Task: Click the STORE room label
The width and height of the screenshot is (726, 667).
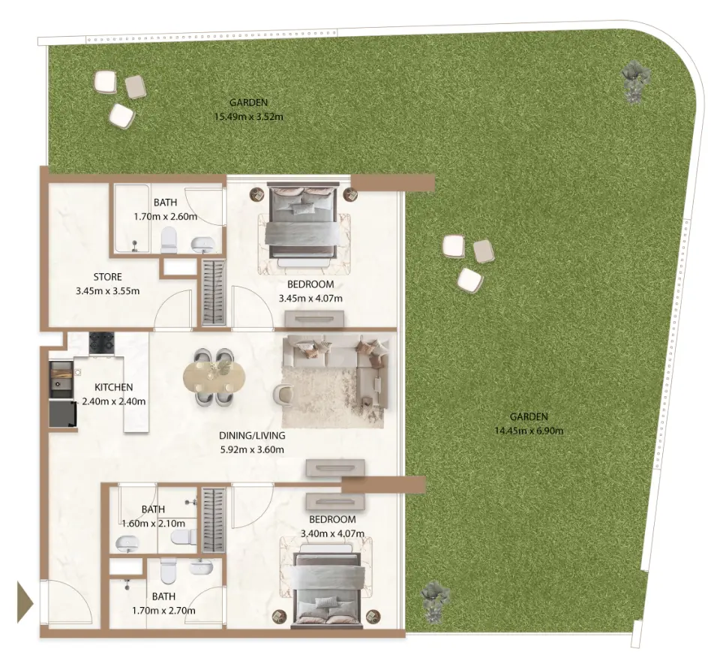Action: (x=107, y=277)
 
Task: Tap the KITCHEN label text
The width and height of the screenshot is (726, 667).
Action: (x=113, y=387)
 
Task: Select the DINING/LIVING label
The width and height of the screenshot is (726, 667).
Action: (x=252, y=435)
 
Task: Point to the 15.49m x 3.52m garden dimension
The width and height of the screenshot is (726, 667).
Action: (x=249, y=117)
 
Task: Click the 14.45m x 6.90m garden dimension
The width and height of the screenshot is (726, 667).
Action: (x=529, y=431)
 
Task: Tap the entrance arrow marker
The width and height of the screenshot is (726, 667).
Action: (x=25, y=603)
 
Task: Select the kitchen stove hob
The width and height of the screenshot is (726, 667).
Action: (x=101, y=343)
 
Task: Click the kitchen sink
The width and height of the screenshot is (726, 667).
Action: (x=61, y=380)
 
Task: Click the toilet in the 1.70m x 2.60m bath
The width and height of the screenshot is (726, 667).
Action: (x=169, y=240)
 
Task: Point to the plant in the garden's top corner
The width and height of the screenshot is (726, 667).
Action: (x=636, y=80)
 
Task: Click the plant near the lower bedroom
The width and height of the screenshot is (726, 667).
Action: (x=436, y=601)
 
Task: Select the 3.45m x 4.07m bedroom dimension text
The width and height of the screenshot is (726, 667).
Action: (x=310, y=299)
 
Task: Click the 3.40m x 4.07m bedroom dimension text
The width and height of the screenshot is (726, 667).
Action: (x=332, y=533)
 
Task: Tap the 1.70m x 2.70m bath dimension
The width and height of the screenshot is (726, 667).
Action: (x=163, y=611)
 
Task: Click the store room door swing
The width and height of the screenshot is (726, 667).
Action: (x=172, y=309)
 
